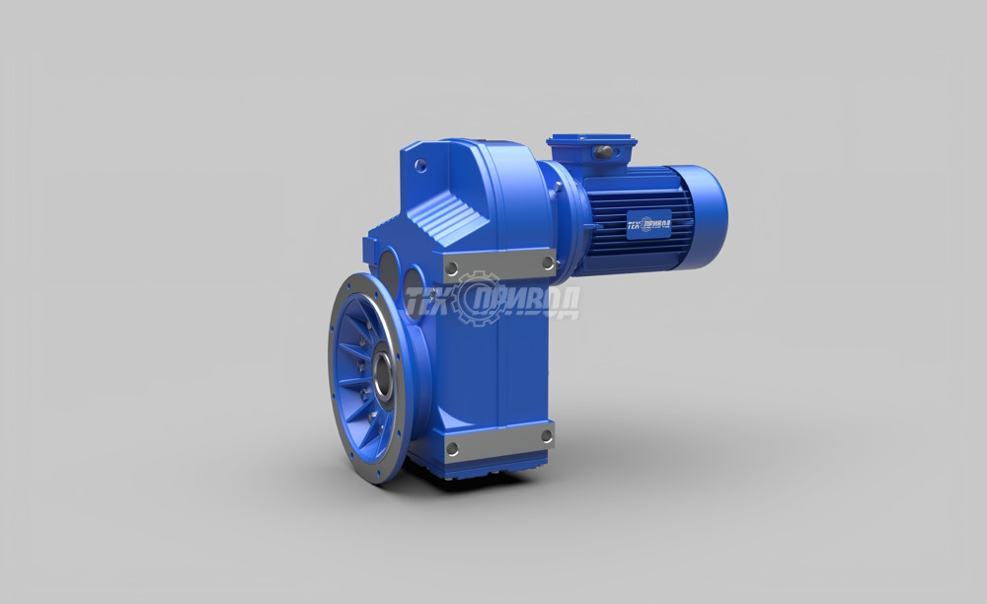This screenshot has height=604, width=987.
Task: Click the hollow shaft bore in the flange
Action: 381,375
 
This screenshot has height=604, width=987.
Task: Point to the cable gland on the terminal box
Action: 604,151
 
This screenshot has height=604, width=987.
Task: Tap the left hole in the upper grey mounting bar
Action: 451,268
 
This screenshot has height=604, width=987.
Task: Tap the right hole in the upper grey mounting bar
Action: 547,262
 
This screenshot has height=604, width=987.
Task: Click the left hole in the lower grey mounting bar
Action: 451,449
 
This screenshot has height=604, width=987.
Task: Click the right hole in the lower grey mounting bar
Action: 546,435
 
